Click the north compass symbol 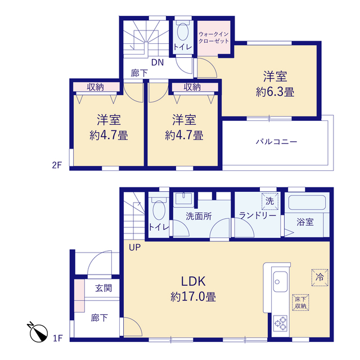click(x=38, y=332)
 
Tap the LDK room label click(x=193, y=281)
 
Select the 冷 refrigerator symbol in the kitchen click(x=319, y=277)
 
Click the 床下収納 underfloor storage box click(x=300, y=303)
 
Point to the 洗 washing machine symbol click(x=270, y=201)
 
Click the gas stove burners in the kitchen click(x=281, y=323)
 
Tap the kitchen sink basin click(x=280, y=281)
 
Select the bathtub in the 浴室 click(x=307, y=202)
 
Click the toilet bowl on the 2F click(x=183, y=33)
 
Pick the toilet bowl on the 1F click(x=159, y=210)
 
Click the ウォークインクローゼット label click(x=214, y=38)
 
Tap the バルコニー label click(x=276, y=141)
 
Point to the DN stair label click(x=157, y=62)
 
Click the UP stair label click(x=134, y=247)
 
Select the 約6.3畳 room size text click(x=275, y=92)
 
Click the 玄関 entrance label click(x=103, y=288)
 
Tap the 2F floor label click(x=57, y=165)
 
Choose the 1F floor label click(x=57, y=338)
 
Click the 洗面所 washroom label click(x=199, y=216)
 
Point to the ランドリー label click(x=258, y=215)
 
